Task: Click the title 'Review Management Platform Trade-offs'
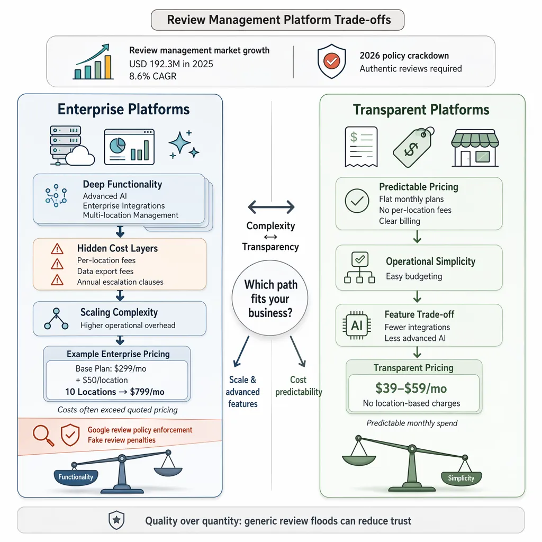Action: [x=278, y=20]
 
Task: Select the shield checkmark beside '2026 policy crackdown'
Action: [x=331, y=61]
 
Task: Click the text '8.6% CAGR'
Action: [x=153, y=76]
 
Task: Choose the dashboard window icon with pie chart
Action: [x=129, y=147]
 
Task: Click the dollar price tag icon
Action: [x=414, y=147]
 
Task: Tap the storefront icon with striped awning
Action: [x=475, y=148]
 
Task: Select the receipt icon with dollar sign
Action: [x=361, y=147]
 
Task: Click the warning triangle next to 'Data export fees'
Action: [x=57, y=265]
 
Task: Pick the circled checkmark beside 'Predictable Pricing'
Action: [x=357, y=201]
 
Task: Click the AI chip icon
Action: [x=357, y=326]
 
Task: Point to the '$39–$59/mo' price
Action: [x=411, y=388]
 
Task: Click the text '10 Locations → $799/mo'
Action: [x=115, y=392]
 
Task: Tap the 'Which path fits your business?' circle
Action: [x=270, y=298]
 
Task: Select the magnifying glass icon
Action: [x=43, y=435]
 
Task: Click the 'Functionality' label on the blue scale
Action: [x=76, y=477]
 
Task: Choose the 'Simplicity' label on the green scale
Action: [x=461, y=478]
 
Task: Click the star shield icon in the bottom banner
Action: [x=116, y=520]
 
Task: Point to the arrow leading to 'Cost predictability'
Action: [x=298, y=351]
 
